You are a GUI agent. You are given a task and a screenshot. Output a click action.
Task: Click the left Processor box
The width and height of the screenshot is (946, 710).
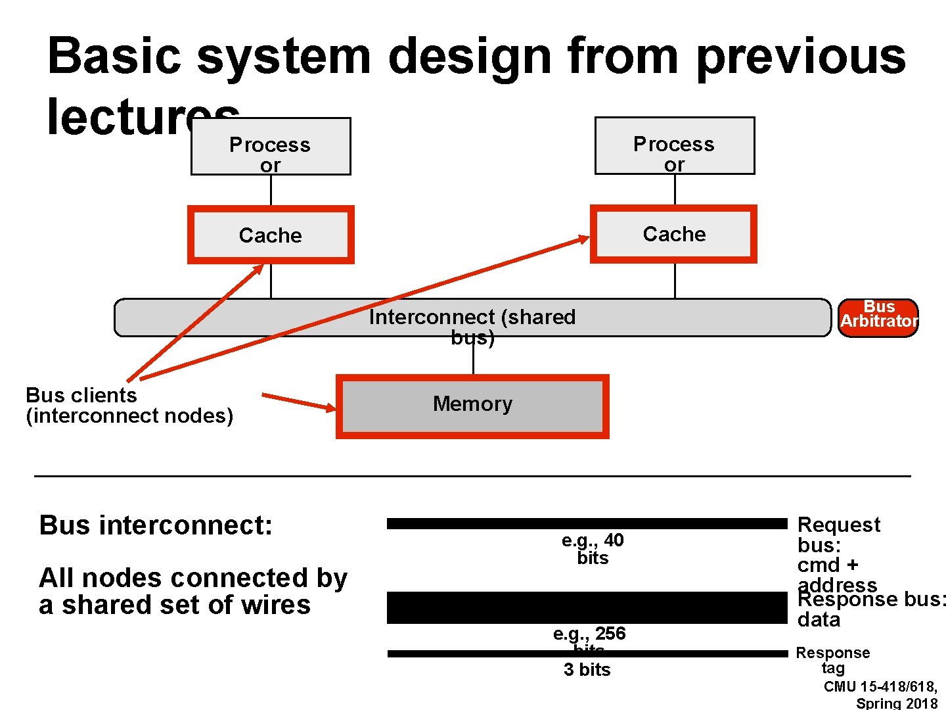271,147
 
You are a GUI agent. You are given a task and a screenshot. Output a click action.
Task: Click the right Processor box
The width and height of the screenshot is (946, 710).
675,146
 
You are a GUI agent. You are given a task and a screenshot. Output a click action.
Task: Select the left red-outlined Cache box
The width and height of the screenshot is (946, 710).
271,235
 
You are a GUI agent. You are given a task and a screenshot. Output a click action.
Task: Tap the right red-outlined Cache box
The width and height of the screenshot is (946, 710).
673,234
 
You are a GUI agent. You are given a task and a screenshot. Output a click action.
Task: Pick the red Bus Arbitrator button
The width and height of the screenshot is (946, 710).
878,318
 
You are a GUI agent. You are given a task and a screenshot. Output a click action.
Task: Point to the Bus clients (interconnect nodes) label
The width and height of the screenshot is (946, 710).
129,405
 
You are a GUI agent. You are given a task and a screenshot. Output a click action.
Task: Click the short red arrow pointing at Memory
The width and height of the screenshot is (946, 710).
299,402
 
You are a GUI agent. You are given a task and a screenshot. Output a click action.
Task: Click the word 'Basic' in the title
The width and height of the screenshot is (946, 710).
114,56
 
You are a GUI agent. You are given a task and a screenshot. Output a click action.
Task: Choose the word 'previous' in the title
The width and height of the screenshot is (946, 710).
801,56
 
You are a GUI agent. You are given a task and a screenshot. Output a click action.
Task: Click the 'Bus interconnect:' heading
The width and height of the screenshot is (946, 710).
156,525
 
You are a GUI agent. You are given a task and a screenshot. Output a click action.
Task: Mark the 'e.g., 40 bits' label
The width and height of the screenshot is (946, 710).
593,549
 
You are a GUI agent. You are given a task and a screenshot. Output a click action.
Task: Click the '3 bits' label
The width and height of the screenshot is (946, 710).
587,669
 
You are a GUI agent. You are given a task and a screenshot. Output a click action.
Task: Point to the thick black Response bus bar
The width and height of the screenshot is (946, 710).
587,607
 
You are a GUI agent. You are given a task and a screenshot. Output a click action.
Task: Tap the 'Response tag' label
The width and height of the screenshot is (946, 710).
832,660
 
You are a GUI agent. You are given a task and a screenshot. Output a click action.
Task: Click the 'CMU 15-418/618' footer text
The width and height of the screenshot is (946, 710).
880,686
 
